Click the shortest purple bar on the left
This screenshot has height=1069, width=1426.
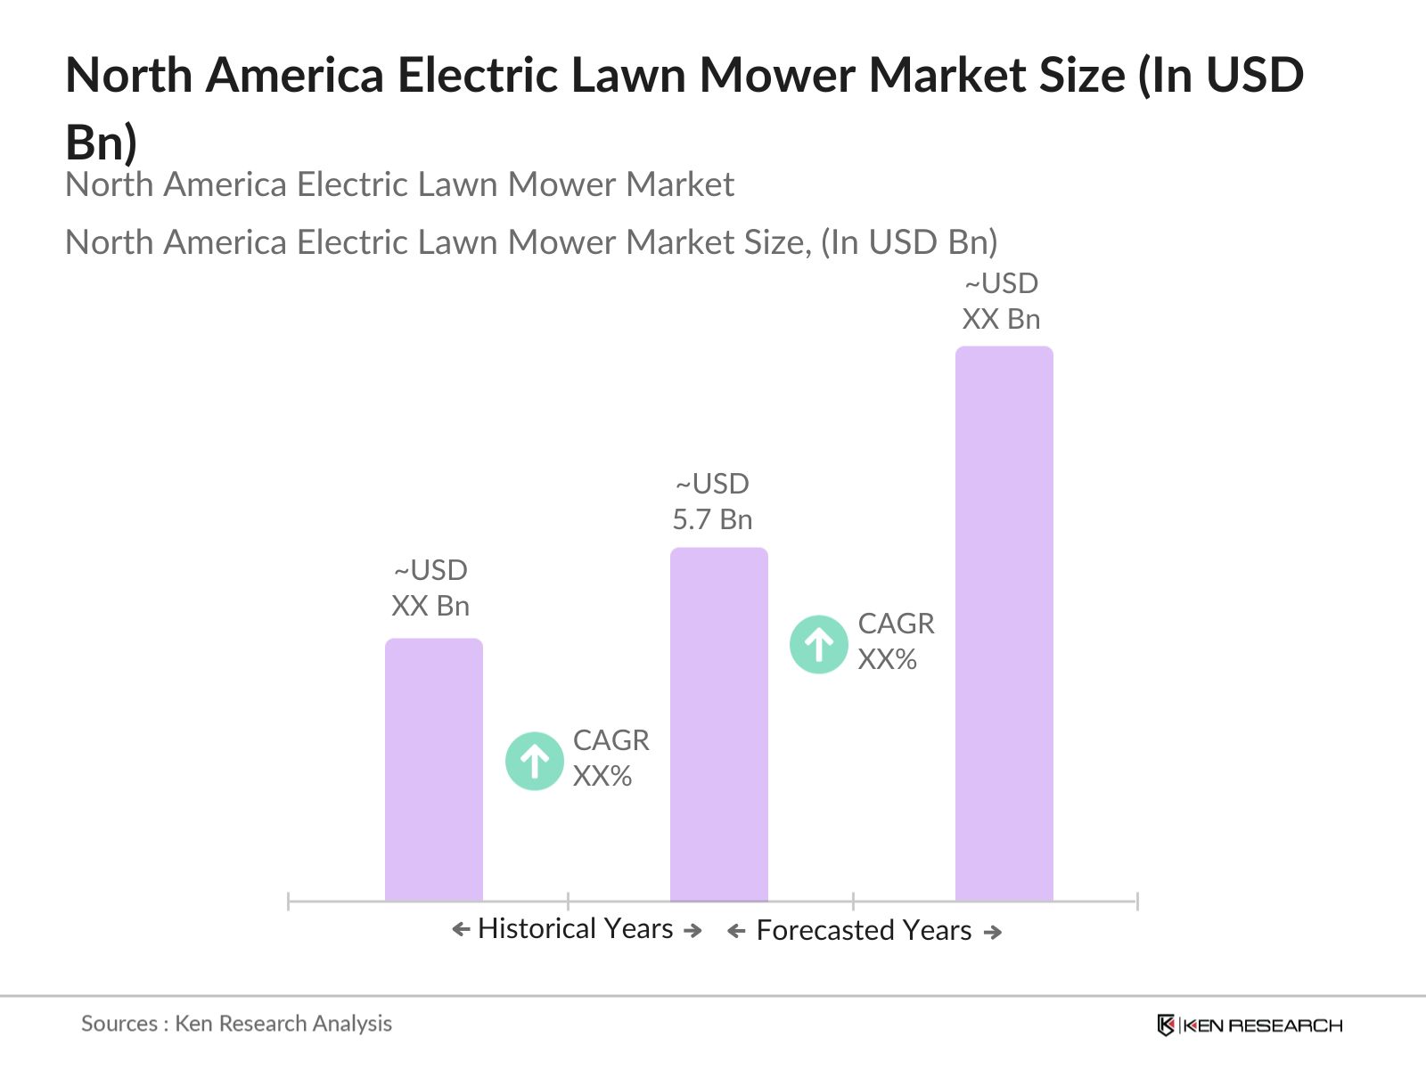tap(433, 771)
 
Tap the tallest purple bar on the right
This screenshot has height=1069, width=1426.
tap(1004, 624)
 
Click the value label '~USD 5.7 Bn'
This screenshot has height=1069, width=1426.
tap(712, 502)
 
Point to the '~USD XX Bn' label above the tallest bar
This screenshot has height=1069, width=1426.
tap(1001, 301)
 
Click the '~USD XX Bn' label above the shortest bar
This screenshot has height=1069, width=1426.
tap(430, 588)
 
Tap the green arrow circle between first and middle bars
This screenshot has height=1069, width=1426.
tap(534, 761)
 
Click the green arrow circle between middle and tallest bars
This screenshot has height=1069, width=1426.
tap(818, 644)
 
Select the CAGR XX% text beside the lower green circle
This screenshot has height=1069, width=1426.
tap(611, 758)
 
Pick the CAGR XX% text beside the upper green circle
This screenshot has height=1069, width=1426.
tap(896, 641)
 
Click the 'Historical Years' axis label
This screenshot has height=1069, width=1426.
tap(575, 928)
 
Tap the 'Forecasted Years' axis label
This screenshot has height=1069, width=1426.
tap(864, 930)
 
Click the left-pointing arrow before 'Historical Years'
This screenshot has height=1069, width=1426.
tap(461, 930)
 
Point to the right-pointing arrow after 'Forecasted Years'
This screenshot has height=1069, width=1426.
tap(993, 932)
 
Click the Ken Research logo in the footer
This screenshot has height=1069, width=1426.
tap(1250, 1025)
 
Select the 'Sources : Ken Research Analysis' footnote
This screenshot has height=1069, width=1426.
tap(236, 1024)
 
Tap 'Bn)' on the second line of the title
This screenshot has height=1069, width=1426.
tap(102, 143)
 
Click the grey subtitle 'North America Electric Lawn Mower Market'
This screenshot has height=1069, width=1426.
tap(399, 184)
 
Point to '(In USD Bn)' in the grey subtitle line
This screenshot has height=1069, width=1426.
tap(908, 242)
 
